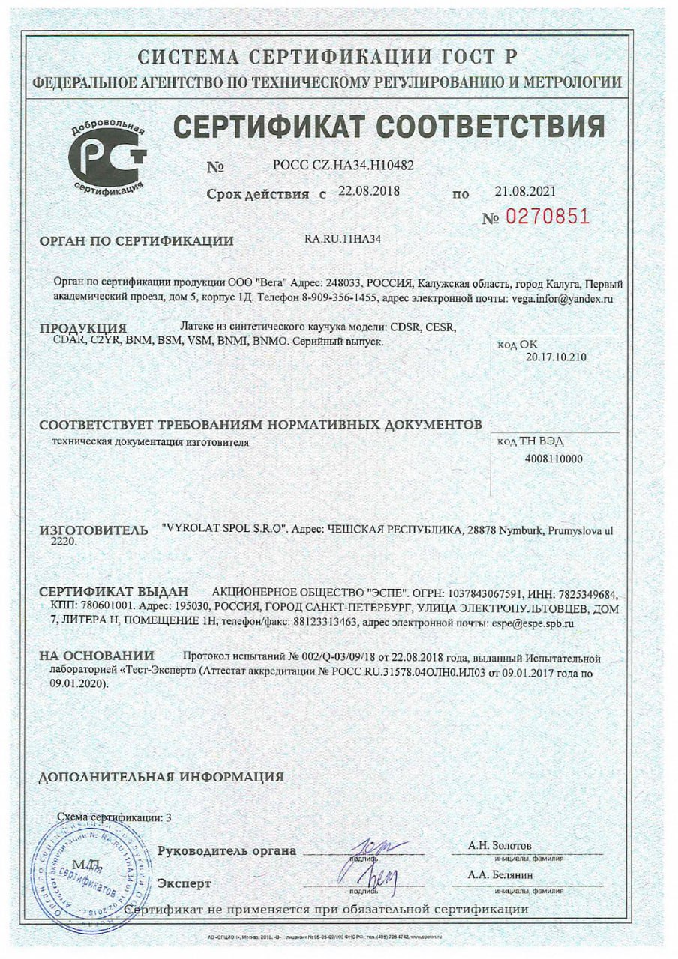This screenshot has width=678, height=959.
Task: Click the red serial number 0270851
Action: pos(547,217)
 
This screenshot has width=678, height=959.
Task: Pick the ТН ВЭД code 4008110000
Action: pos(554,459)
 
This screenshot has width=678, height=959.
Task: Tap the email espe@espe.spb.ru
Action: pos(532,622)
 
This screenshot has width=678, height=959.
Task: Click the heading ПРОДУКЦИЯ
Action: pos(82,328)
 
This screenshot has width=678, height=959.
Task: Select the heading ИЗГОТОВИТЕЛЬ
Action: pos(94,530)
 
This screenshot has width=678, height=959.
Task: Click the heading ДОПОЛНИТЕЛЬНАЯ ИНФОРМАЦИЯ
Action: pos(161,776)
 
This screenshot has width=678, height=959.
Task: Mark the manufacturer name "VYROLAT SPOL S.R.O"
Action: pos(225,528)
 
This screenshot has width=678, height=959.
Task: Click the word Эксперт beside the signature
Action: pos(183,883)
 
